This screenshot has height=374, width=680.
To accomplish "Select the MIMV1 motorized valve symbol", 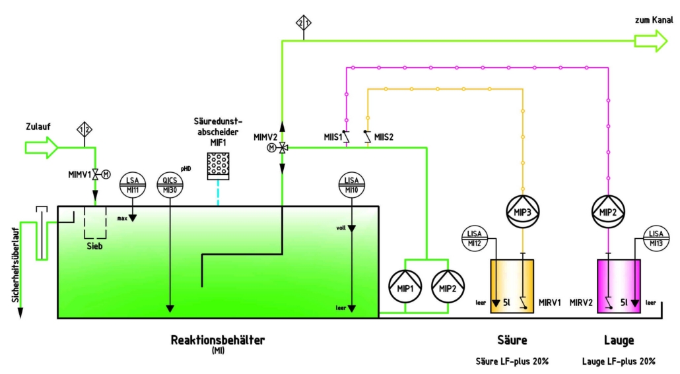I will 95,174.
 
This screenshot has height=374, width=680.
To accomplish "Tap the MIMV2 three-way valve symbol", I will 282,148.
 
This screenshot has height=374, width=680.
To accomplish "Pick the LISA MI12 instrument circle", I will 473,238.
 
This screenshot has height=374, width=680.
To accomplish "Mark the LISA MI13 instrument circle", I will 656,238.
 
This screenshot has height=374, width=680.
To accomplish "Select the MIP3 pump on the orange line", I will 523,210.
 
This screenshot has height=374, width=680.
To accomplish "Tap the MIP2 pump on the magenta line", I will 607,210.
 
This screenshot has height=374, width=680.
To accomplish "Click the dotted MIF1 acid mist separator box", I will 217,166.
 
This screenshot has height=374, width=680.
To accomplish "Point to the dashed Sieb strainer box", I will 95,224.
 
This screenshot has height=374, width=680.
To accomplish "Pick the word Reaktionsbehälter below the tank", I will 217,340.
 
